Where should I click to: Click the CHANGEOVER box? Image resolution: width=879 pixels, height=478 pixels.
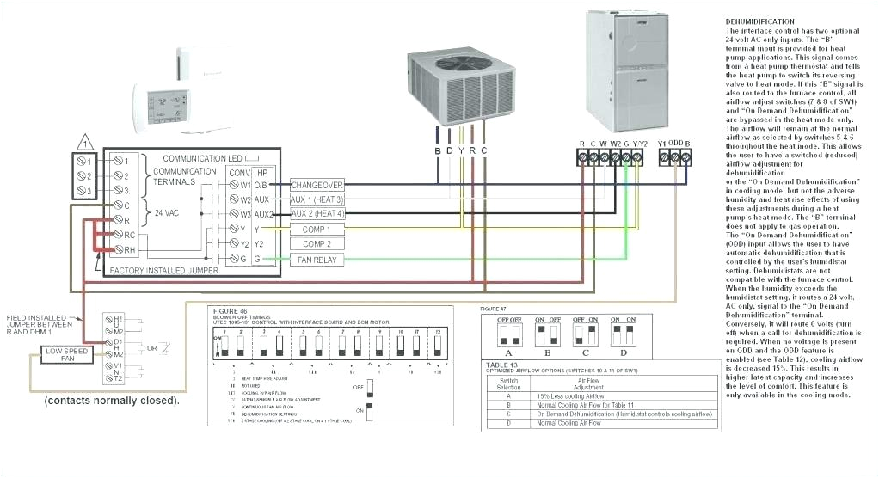[317, 185]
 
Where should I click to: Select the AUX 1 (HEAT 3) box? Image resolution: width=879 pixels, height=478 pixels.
[317, 199]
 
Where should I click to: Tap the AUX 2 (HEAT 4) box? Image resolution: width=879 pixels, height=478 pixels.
[317, 214]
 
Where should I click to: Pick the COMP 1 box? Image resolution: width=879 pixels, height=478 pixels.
[317, 230]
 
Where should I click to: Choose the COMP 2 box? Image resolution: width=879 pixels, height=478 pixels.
[317, 244]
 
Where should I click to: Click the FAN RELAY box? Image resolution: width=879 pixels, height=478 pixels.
[317, 260]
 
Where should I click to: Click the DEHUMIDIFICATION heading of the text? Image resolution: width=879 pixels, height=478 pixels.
[760, 21]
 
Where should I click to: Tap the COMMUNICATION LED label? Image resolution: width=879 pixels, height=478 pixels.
[203, 159]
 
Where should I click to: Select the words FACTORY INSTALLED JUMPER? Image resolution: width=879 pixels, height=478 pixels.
[164, 271]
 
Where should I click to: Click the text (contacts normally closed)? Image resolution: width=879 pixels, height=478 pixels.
[112, 401]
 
